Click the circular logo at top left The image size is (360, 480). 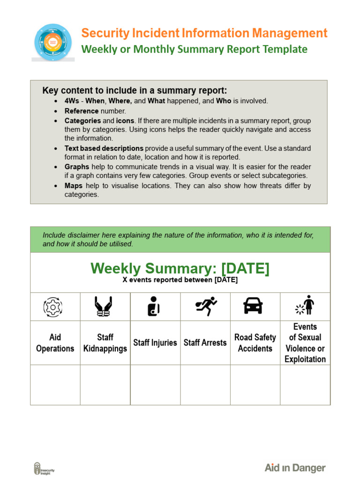(x=53, y=42)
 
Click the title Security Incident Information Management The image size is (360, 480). (x=204, y=33)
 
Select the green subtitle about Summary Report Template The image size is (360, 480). (x=194, y=49)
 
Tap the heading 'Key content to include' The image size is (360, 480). (x=135, y=90)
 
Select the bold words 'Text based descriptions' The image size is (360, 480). (x=104, y=148)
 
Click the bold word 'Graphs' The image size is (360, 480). (x=76, y=167)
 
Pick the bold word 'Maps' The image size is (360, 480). (x=74, y=186)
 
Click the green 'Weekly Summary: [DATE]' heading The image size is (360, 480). (x=180, y=269)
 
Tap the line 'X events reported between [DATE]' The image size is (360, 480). (x=180, y=280)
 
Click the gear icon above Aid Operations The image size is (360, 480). (x=53, y=307)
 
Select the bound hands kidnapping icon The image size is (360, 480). (x=105, y=307)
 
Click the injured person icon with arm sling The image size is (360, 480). (x=154, y=307)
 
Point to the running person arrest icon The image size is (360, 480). (x=206, y=306)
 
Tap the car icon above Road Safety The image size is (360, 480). (x=253, y=306)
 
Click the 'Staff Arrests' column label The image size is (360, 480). (x=205, y=343)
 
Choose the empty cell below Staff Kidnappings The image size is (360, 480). (x=105, y=385)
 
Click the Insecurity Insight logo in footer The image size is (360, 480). (x=44, y=468)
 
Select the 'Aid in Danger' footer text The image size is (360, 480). (x=295, y=468)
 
